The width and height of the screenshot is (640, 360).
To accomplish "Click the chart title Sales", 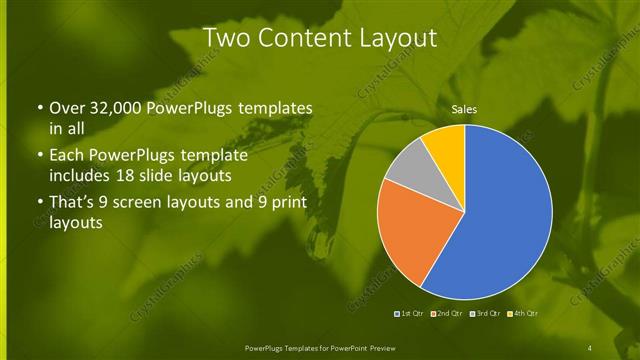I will point(463,109).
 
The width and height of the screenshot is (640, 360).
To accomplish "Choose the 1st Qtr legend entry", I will point(410,313).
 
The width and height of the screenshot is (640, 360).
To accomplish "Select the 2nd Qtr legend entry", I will point(445,313).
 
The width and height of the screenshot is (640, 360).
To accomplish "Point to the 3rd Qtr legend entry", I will point(483,313).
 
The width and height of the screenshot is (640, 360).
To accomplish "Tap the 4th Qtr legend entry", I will point(522,313).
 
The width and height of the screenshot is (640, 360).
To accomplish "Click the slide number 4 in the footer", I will point(591,347).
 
